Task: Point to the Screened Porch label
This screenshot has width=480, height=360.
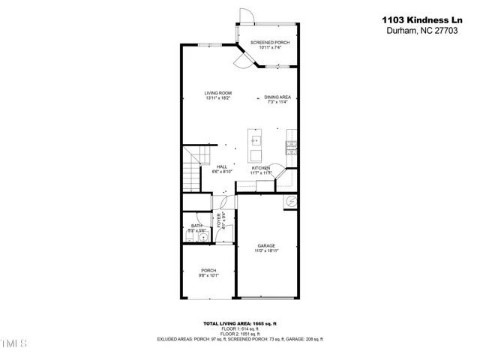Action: coord(269,43)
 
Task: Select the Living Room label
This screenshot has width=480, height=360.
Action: coord(217,93)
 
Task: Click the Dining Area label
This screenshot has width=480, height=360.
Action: coord(278,97)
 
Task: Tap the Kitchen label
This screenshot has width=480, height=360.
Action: coord(260,167)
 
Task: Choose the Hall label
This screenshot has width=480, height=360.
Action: coord(222,166)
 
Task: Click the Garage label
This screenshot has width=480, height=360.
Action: coord(266,245)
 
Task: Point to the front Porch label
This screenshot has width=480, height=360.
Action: coord(208,270)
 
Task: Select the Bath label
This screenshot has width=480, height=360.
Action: coord(196,225)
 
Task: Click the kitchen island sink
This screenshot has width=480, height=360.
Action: coord(256,139)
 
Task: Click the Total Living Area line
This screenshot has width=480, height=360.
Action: coord(239,323)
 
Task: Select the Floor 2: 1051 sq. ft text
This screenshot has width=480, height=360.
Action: coord(239,334)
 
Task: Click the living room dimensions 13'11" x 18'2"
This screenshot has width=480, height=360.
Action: coord(217,98)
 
